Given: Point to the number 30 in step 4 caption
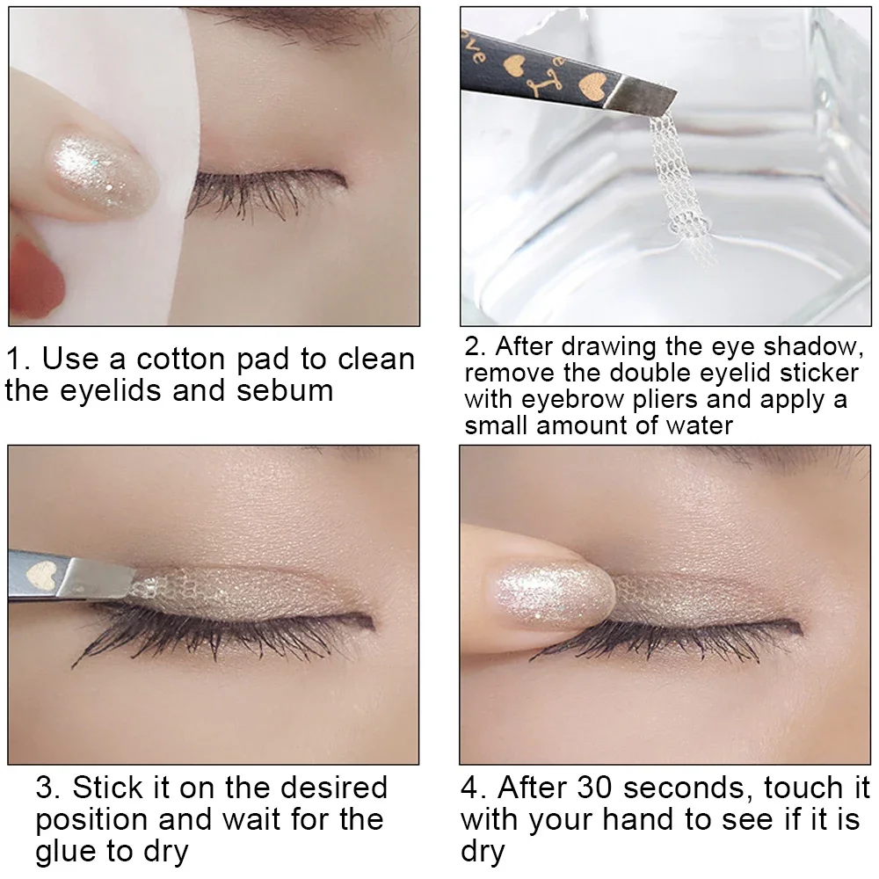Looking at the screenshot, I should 605,787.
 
